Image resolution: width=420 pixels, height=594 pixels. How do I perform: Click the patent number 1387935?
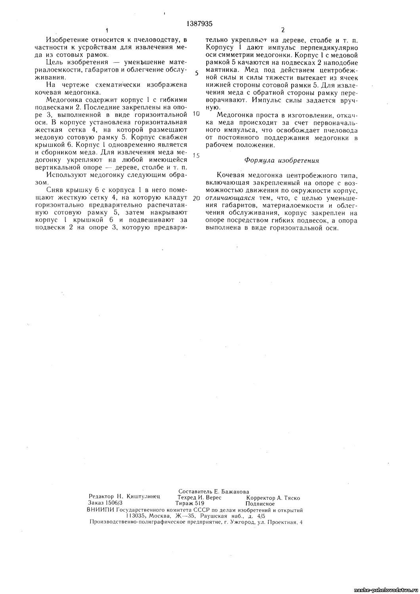[x=199, y=24]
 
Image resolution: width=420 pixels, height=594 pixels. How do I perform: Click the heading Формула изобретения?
[x=282, y=161]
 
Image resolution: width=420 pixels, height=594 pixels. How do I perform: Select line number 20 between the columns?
[x=196, y=199]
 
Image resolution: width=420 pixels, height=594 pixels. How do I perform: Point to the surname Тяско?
[x=291, y=498]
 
